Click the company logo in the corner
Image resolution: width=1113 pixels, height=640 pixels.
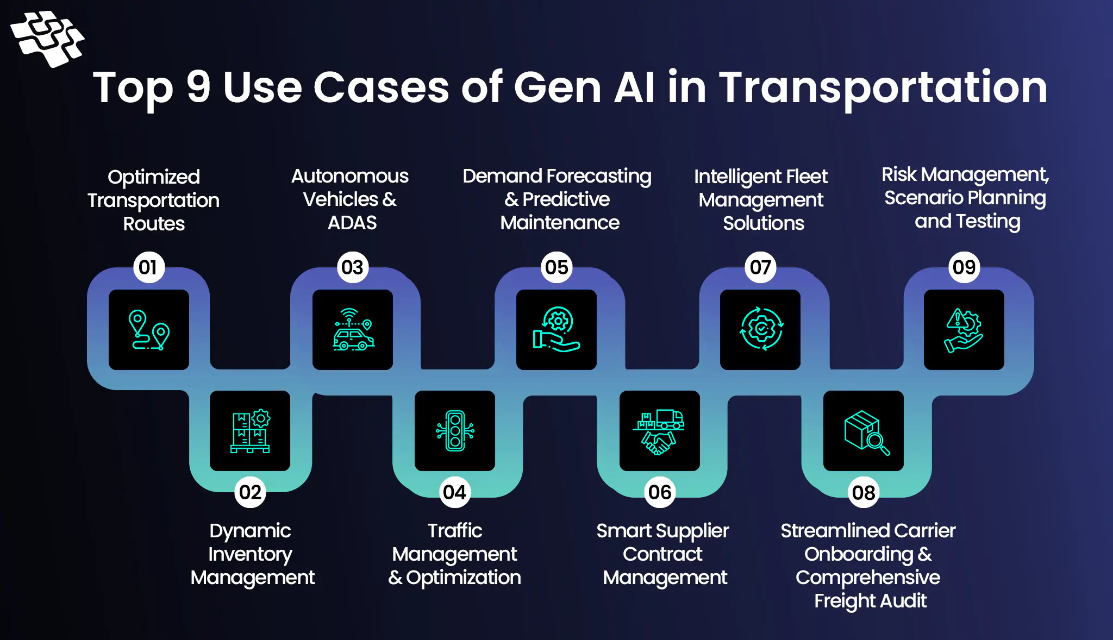click(x=47, y=39)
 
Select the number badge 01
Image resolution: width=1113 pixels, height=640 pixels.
click(x=148, y=267)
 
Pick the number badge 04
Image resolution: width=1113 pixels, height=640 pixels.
click(x=454, y=492)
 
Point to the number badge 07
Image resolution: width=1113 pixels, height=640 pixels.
click(x=760, y=267)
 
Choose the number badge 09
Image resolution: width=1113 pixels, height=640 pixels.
click(x=964, y=267)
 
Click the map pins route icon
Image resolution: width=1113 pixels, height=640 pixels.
click(x=149, y=330)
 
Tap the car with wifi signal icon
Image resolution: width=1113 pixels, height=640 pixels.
click(x=353, y=330)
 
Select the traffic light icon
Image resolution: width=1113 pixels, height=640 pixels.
click(x=455, y=431)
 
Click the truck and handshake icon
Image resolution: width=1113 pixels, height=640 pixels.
click(x=659, y=431)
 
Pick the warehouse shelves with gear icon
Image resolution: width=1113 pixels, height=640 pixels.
click(x=250, y=431)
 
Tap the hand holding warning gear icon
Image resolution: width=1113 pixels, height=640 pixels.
click(x=964, y=330)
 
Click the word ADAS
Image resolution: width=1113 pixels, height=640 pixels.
click(x=352, y=223)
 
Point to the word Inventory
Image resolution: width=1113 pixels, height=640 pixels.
click(x=250, y=554)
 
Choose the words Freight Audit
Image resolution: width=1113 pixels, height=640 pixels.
click(x=870, y=601)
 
